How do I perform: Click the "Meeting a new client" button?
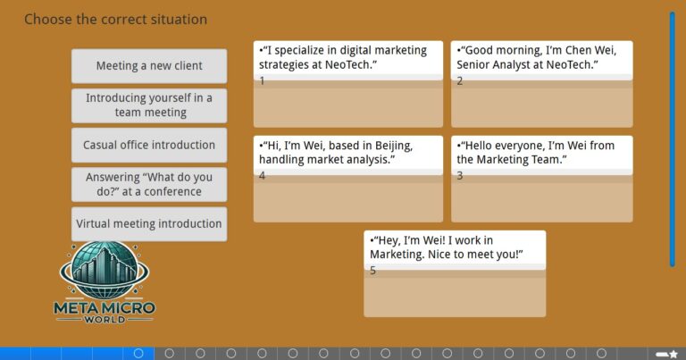coord(149,66)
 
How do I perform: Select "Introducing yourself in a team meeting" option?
coord(149,105)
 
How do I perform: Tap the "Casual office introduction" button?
coord(149,145)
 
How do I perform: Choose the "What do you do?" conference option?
coord(149,184)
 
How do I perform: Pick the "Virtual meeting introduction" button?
coord(149,224)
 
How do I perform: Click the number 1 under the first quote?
coord(262,81)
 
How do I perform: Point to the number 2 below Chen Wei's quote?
coord(460,81)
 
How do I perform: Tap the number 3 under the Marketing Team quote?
coord(460,176)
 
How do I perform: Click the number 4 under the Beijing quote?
coord(262,176)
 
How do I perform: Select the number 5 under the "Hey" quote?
coord(372,271)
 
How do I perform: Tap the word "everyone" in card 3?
coord(521,147)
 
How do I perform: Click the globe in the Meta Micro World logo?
coord(105,270)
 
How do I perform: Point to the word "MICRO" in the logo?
coord(130,308)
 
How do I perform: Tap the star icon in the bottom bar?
coord(673,354)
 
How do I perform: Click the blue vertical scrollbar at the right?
coord(672,139)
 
